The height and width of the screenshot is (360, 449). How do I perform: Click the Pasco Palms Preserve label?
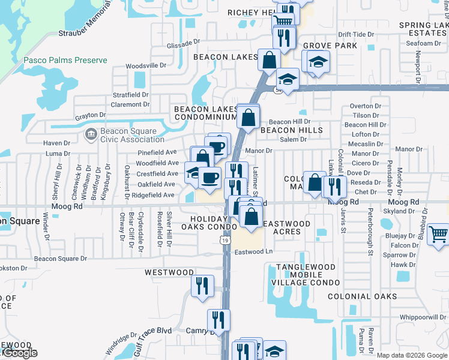tap(65, 60)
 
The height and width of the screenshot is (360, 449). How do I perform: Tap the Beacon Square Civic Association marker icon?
tap(91, 133)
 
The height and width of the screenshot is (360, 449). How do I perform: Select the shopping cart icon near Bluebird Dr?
tap(439, 234)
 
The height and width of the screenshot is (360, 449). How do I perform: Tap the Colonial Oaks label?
tap(362, 296)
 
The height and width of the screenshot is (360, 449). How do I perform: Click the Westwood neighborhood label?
tap(169, 272)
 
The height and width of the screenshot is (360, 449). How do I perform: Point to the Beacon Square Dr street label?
tap(60, 259)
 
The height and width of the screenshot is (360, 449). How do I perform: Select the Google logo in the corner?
tap(19, 353)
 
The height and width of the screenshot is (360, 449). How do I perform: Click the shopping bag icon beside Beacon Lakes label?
tap(269, 60)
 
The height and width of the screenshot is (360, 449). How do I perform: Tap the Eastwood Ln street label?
tap(253, 252)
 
